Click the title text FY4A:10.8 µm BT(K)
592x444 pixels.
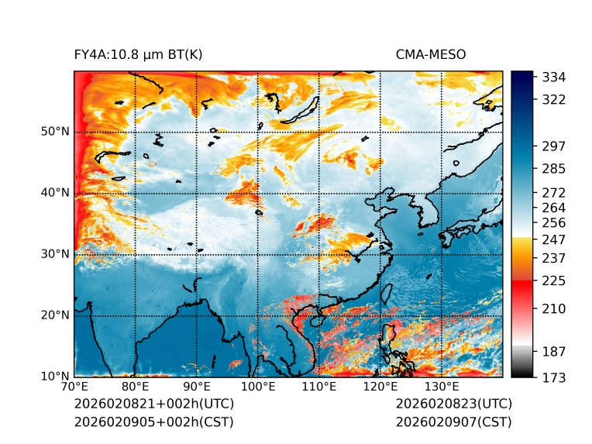138,54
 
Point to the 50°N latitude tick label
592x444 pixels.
55,132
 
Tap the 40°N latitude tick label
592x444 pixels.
55,193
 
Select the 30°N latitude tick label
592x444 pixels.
55,254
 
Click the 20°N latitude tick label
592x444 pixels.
55,315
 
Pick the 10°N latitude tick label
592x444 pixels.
55,377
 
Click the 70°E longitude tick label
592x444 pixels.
74,387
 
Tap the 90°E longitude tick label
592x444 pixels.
197,387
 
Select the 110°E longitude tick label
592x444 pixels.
318,387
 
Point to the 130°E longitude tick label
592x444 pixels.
441,387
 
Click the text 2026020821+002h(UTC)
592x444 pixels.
153,404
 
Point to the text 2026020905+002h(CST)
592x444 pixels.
153,422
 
